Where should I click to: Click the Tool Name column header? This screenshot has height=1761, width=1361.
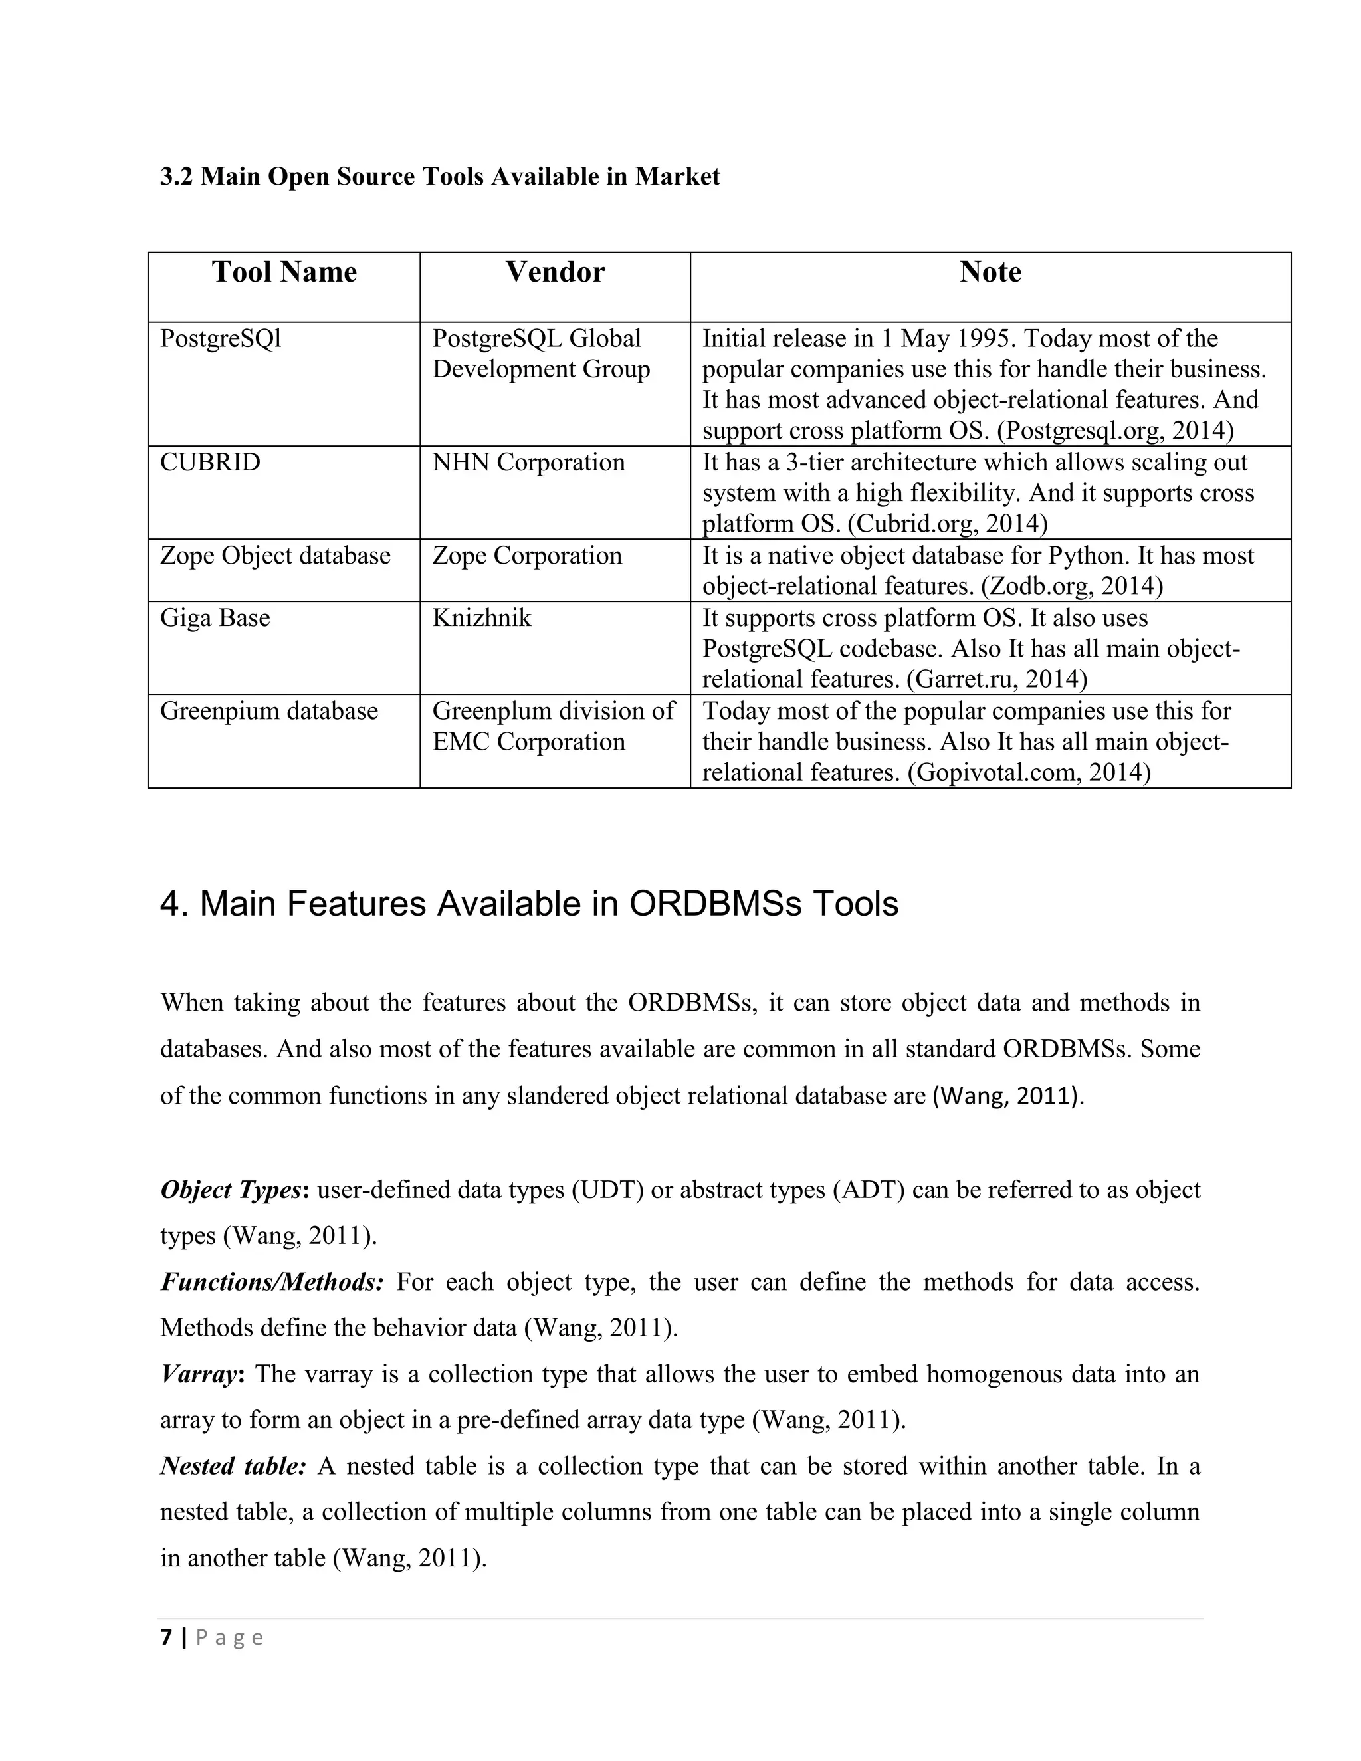pyautogui.click(x=284, y=272)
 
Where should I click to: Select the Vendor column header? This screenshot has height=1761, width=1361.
pyautogui.click(x=555, y=272)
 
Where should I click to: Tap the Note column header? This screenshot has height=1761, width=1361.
pyautogui.click(x=990, y=272)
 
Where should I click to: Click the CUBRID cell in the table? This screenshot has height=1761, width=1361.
pyautogui.click(x=211, y=463)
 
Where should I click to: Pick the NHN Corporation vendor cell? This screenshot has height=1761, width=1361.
pyautogui.click(x=528, y=463)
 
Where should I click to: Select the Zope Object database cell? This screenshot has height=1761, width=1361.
pyautogui.click(x=275, y=556)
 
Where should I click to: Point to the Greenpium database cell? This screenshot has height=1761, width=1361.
pyautogui.click(x=268, y=711)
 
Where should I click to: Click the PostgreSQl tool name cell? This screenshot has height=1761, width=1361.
pyautogui.click(x=220, y=339)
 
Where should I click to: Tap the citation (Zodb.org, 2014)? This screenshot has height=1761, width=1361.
pyautogui.click(x=1071, y=586)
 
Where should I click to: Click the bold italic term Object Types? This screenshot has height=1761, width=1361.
pyautogui.click(x=231, y=1190)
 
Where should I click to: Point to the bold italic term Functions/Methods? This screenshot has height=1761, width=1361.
pyautogui.click(x=272, y=1281)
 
